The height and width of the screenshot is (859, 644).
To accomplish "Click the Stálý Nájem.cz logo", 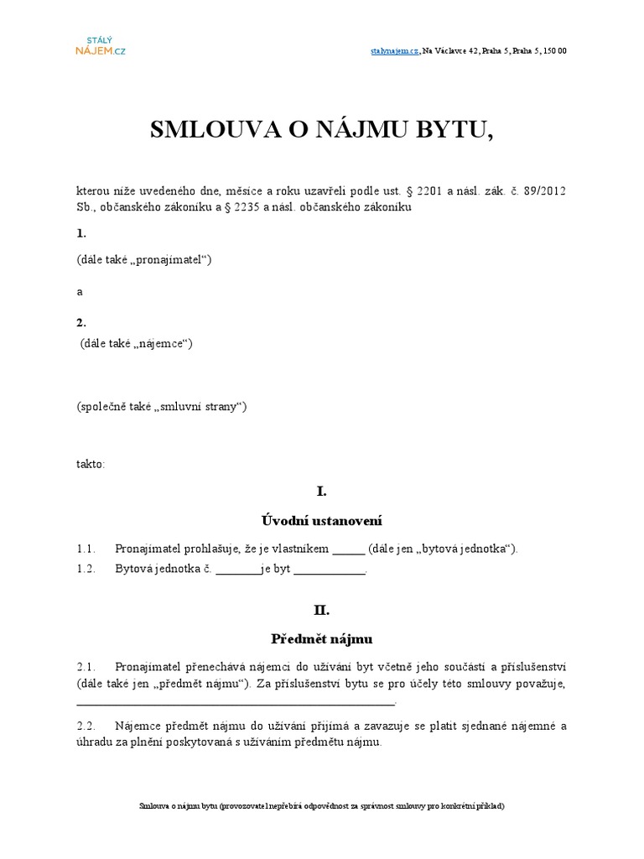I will pyautogui.click(x=100, y=44).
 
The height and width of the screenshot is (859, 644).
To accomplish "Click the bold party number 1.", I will pyautogui.click(x=80, y=232).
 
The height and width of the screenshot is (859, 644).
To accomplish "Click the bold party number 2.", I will pyautogui.click(x=80, y=322).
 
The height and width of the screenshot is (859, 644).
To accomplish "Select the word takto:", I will pyautogui.click(x=91, y=463).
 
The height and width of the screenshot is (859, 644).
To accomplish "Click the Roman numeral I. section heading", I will pyautogui.click(x=321, y=492).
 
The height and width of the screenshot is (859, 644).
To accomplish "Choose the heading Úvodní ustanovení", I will pyautogui.click(x=321, y=521).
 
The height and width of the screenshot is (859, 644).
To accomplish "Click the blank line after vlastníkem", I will pyautogui.click(x=349, y=550).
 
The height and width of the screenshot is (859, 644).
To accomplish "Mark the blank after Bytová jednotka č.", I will pyautogui.click(x=238, y=570).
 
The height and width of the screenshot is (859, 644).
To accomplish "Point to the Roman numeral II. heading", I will pyautogui.click(x=321, y=610).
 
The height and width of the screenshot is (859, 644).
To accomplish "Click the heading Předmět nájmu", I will pyautogui.click(x=321, y=639).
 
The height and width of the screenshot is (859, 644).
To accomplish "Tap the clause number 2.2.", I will pyautogui.click(x=88, y=726).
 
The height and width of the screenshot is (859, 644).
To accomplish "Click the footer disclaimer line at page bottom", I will pyautogui.click(x=321, y=805).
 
